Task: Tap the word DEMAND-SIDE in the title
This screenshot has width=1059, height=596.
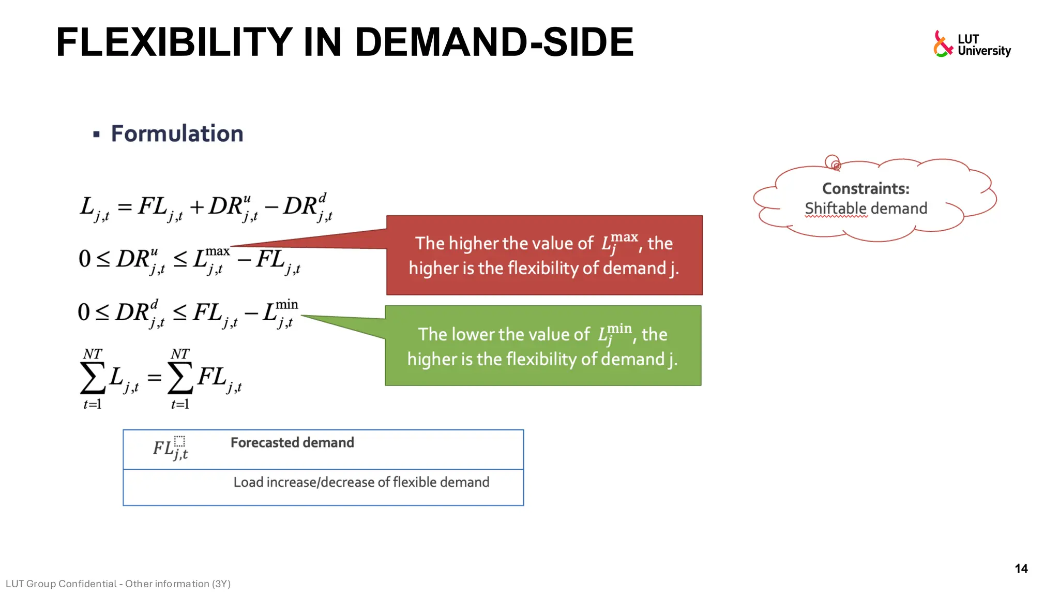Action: pos(494,42)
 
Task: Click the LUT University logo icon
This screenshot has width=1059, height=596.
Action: pos(943,44)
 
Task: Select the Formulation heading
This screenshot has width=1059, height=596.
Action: pos(177,133)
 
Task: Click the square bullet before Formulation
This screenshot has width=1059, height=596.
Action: pos(96,135)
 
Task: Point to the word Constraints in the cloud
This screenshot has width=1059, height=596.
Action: pos(865,188)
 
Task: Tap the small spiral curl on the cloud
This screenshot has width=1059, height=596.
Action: pos(833,162)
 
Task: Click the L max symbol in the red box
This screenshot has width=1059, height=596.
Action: pos(619,242)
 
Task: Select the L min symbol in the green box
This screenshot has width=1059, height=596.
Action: pos(614,334)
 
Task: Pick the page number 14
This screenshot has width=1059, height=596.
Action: pos(1021,569)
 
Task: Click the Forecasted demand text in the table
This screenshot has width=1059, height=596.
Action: pos(292,443)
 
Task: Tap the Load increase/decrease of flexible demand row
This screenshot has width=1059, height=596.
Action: pos(361,482)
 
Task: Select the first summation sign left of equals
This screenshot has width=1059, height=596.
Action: pos(93,378)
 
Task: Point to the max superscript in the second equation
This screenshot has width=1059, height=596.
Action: pos(217,251)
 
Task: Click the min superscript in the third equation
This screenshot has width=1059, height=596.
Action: pos(286,305)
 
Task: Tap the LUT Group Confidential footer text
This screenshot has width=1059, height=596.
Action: pos(118,584)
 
